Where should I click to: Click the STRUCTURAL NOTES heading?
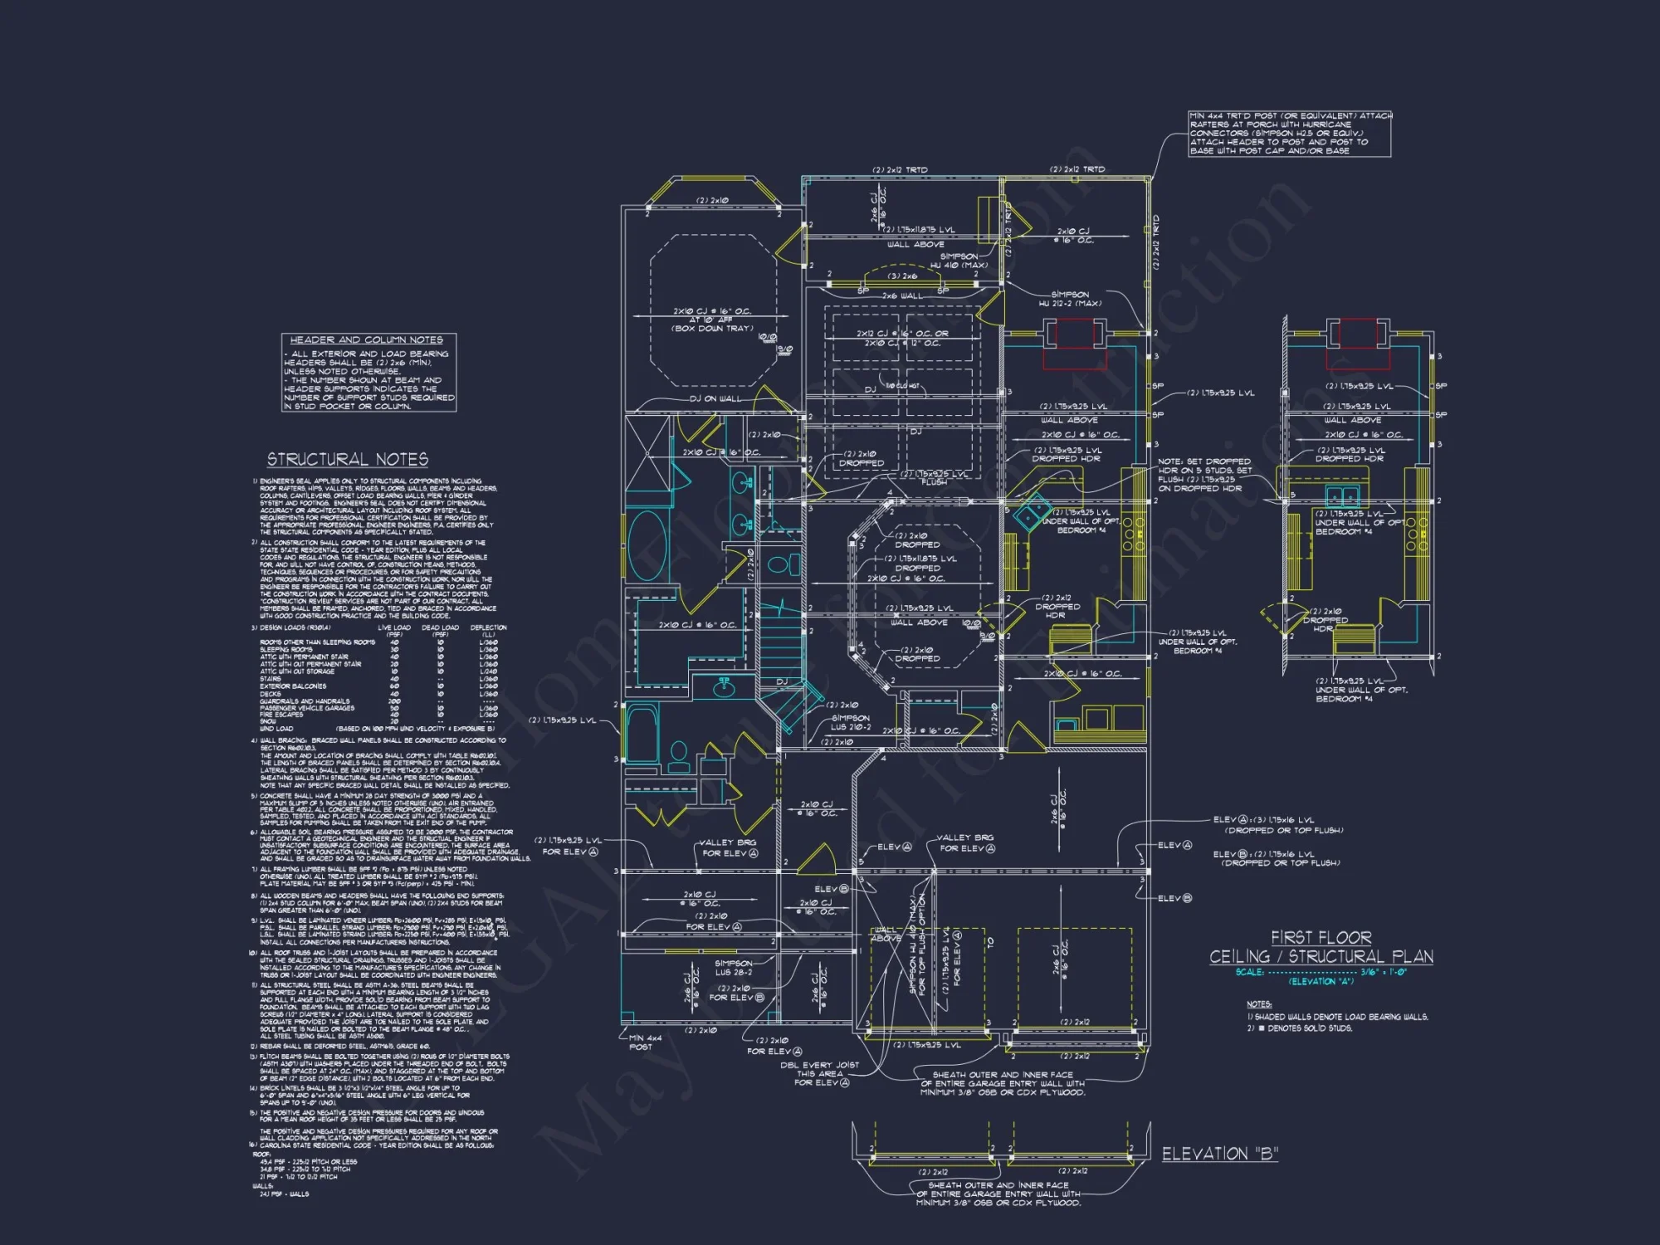(x=347, y=460)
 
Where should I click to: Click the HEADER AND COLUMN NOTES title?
(x=367, y=340)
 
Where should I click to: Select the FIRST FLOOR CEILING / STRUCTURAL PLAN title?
(x=1321, y=947)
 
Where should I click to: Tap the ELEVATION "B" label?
(x=1219, y=1154)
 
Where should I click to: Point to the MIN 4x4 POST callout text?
(x=645, y=1042)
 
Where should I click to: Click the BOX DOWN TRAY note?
(x=712, y=329)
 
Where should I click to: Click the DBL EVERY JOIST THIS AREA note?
(x=820, y=1073)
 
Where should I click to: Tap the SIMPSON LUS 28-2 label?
(x=733, y=968)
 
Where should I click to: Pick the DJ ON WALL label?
(x=715, y=399)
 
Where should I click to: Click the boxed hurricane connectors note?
(x=1289, y=134)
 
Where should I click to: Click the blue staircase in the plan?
(x=779, y=647)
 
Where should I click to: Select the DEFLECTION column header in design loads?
(x=488, y=627)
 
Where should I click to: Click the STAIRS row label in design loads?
(x=271, y=679)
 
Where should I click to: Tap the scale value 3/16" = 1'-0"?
(x=1383, y=972)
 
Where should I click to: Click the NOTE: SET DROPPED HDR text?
(x=1205, y=475)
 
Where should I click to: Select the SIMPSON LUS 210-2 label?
(x=850, y=722)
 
